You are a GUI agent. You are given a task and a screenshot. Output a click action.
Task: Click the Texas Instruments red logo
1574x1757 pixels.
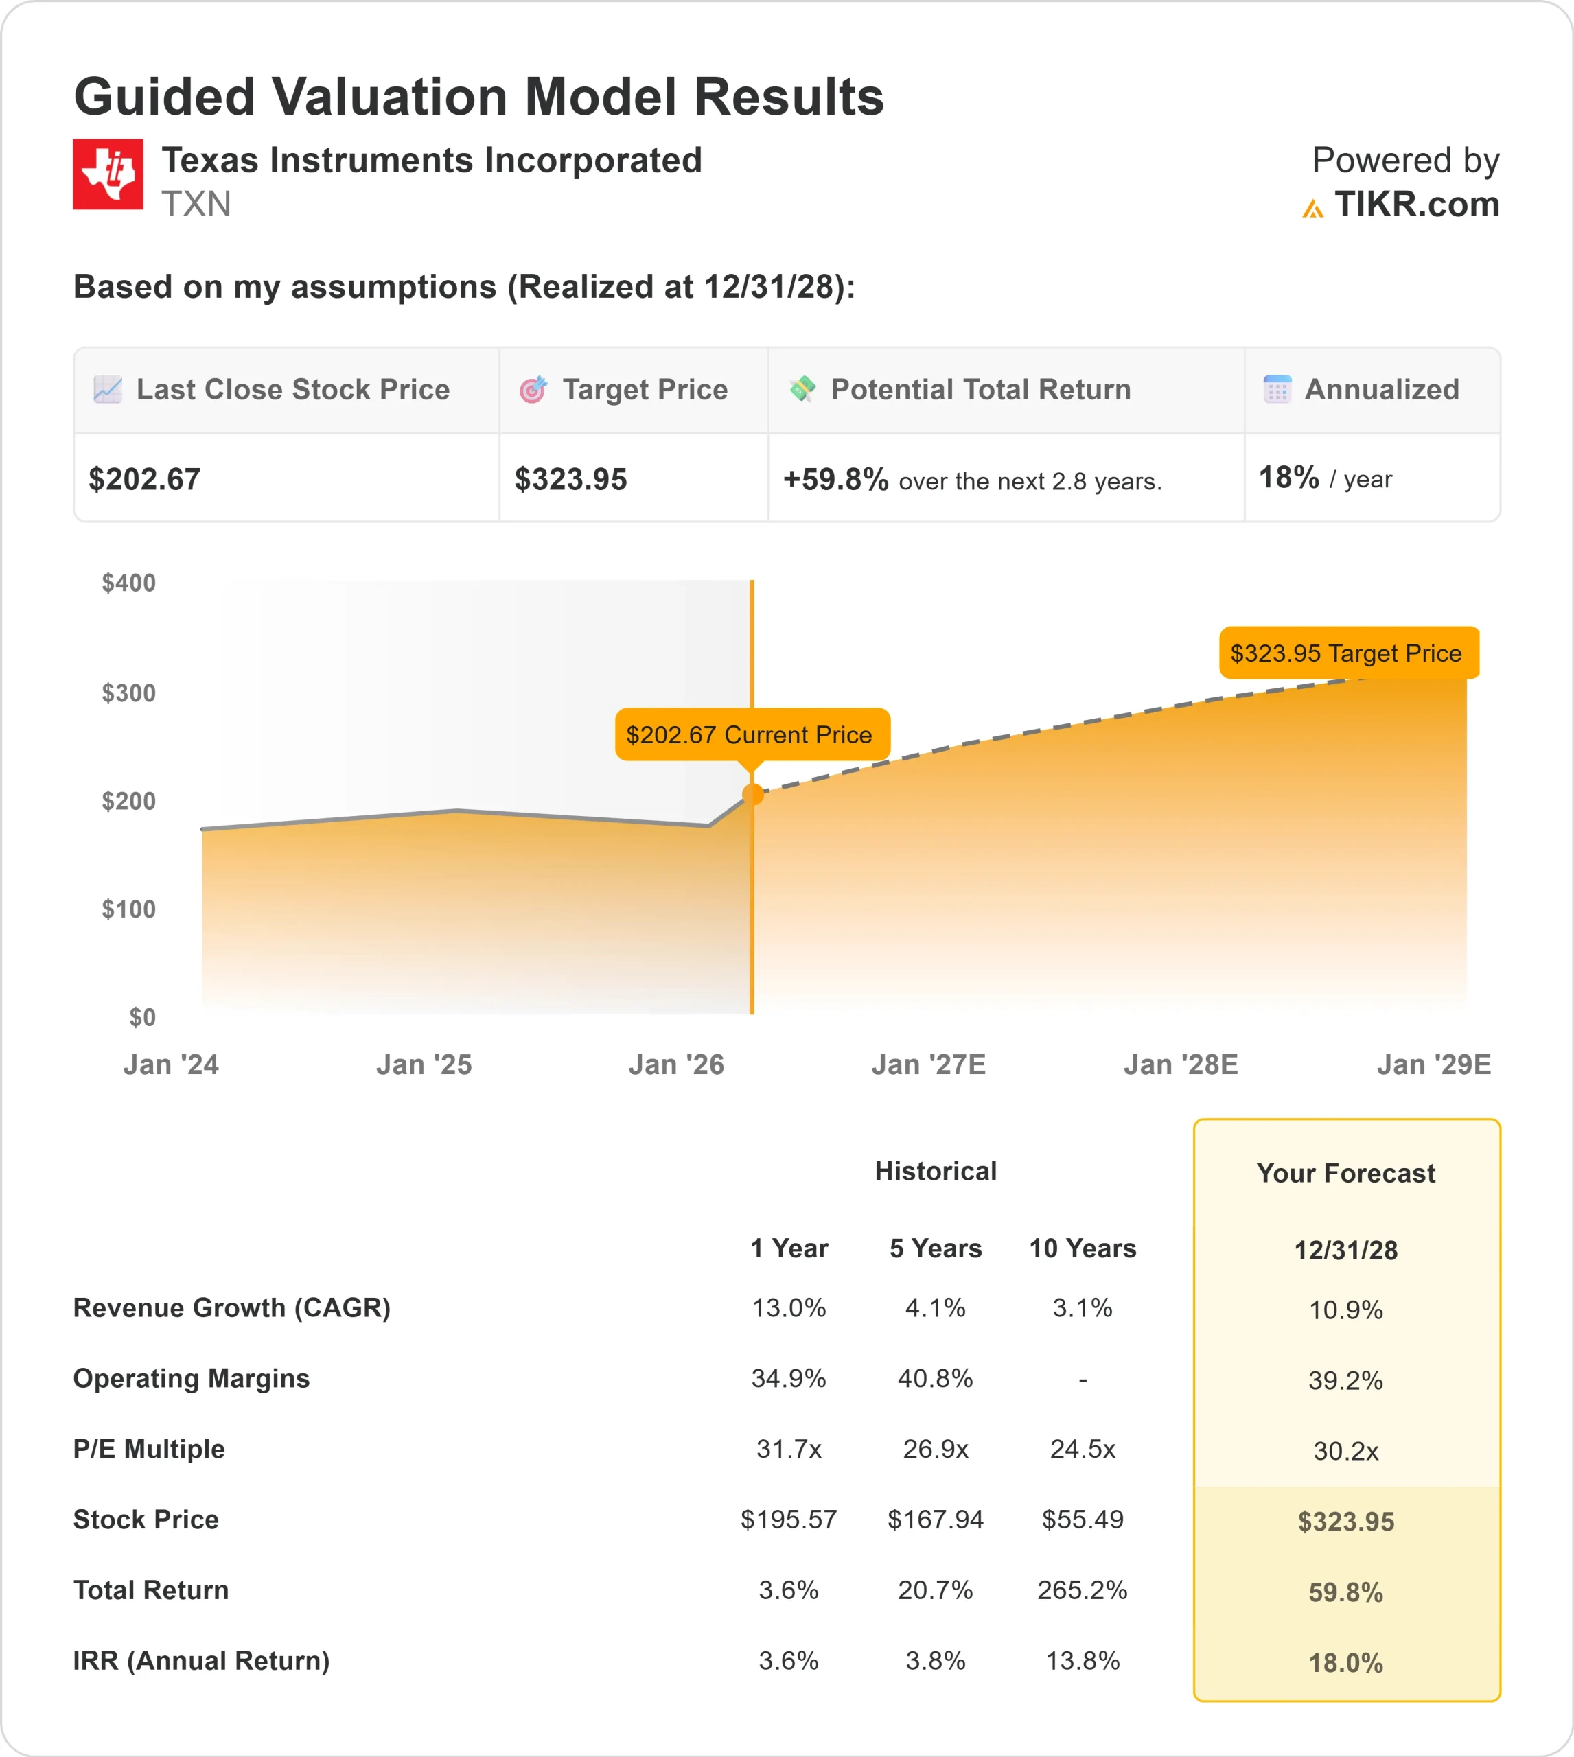[108, 174]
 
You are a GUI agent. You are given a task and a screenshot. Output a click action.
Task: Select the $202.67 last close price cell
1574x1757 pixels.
[144, 479]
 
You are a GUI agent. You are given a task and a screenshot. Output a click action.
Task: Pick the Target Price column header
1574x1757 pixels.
[645, 390]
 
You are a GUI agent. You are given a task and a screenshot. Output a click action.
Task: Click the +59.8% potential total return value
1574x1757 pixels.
[835, 479]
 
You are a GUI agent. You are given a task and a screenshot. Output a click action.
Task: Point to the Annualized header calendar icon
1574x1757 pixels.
[1277, 389]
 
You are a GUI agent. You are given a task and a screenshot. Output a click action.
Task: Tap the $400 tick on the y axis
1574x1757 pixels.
[129, 583]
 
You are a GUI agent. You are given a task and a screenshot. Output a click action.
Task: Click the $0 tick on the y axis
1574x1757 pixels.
[143, 1017]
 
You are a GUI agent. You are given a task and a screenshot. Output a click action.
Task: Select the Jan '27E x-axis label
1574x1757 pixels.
[928, 1064]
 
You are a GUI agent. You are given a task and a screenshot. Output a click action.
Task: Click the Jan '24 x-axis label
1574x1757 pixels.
[170, 1064]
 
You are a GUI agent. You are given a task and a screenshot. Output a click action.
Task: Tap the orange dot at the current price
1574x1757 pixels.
[752, 795]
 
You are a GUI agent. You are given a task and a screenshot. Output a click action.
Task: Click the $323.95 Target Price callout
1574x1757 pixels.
[1347, 653]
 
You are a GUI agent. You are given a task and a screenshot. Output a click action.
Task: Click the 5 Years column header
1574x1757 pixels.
[935, 1248]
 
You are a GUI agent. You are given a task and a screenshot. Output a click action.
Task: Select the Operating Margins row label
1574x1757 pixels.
[191, 1378]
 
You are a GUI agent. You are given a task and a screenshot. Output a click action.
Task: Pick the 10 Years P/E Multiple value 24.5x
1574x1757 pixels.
[1082, 1449]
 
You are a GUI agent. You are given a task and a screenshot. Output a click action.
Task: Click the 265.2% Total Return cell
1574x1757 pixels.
[1082, 1590]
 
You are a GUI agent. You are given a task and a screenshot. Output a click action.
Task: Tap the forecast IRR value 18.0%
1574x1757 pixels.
[1345, 1663]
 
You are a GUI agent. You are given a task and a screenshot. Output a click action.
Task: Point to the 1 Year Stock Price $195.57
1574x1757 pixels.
[789, 1520]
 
